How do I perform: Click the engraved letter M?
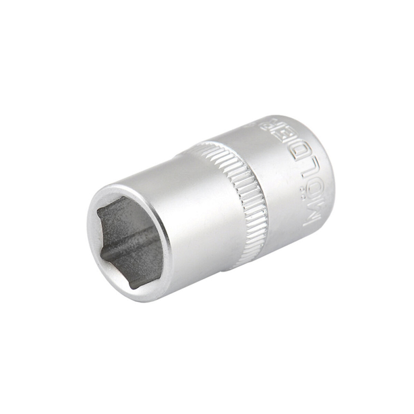coord(311,217)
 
